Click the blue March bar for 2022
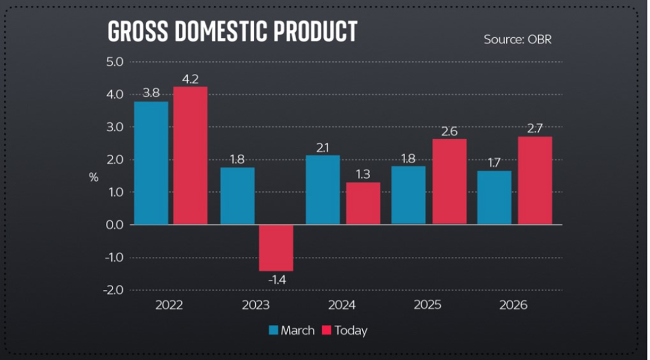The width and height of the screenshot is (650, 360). [151, 163]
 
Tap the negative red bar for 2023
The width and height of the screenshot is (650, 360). [276, 247]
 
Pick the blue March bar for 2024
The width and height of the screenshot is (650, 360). [323, 190]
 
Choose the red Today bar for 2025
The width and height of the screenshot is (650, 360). [449, 181]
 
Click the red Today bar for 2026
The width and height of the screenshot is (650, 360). [534, 180]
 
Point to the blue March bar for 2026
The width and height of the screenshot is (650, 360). [494, 197]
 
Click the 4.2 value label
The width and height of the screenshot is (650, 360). [190, 79]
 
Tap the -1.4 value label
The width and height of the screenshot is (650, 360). [276, 281]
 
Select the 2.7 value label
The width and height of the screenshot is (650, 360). [534, 128]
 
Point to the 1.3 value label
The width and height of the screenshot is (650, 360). [362, 175]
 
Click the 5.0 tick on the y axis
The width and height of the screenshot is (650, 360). [114, 62]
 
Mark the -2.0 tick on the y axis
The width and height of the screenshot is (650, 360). [113, 290]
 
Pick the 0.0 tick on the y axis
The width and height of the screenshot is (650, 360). [114, 225]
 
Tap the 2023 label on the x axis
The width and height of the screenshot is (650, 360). [255, 305]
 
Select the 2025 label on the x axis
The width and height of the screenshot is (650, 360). [427, 305]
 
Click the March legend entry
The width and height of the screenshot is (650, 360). [291, 331]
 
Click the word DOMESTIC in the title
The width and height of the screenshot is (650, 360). [220, 31]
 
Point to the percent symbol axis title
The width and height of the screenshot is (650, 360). [93, 177]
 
